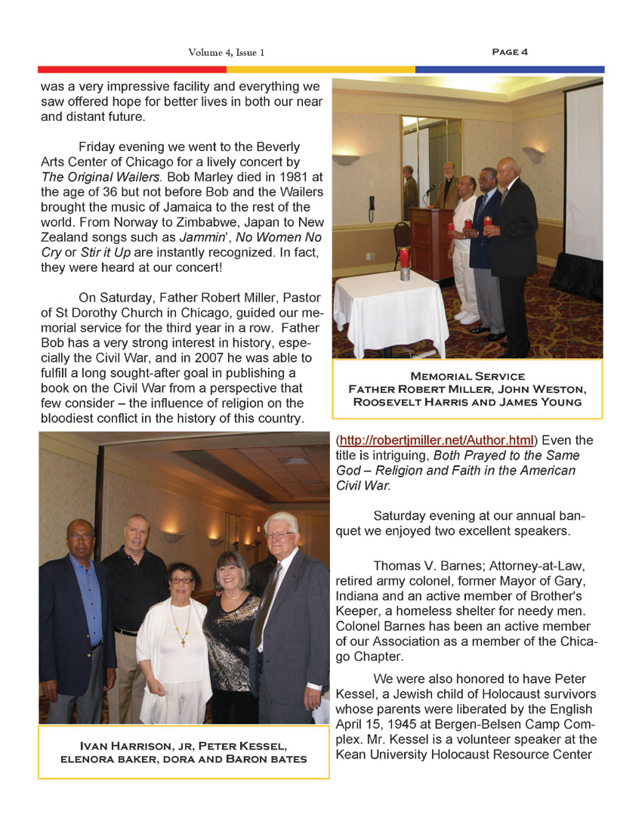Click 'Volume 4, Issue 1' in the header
pyautogui.click(x=227, y=53)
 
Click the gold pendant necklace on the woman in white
pyautogui.click(x=184, y=641)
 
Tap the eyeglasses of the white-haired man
pyautogui.click(x=280, y=535)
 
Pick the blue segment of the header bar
pyautogui.click(x=510, y=70)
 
